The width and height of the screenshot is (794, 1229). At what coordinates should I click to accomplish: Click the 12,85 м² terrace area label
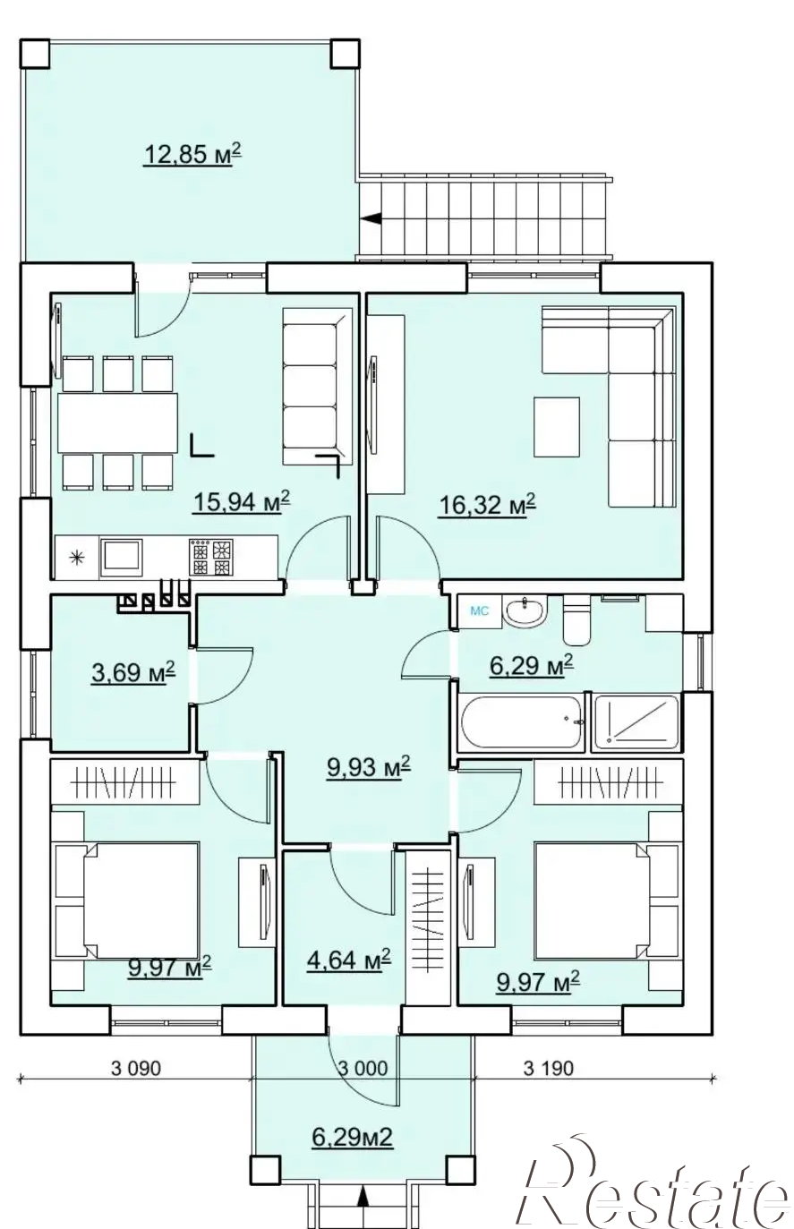pyautogui.click(x=192, y=154)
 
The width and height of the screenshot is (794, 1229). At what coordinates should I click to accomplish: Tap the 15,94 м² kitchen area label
pyautogui.click(x=242, y=501)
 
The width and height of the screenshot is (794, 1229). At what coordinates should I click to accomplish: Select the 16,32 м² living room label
pyautogui.click(x=487, y=504)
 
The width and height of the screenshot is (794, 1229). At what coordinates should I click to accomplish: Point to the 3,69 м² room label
pyautogui.click(x=133, y=671)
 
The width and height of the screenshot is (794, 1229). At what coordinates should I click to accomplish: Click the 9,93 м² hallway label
pyautogui.click(x=369, y=766)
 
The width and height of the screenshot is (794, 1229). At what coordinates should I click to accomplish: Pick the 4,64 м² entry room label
pyautogui.click(x=349, y=960)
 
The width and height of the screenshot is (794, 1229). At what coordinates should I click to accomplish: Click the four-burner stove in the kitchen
pyautogui.click(x=211, y=558)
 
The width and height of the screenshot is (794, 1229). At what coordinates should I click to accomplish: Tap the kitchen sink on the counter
pyautogui.click(x=121, y=558)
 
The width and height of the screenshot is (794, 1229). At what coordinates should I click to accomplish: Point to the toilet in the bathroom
pyautogui.click(x=576, y=621)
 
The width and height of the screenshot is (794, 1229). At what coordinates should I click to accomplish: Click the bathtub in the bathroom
pyautogui.click(x=522, y=721)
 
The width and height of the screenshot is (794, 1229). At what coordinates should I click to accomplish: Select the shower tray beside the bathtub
pyautogui.click(x=636, y=721)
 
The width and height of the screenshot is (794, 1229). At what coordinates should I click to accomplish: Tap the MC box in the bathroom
pyautogui.click(x=479, y=610)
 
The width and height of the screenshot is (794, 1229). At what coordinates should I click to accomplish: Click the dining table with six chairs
pyautogui.click(x=117, y=423)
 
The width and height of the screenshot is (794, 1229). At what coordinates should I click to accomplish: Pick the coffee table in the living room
pyautogui.click(x=557, y=427)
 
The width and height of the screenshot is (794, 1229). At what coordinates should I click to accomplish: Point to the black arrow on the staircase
pyautogui.click(x=371, y=218)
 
